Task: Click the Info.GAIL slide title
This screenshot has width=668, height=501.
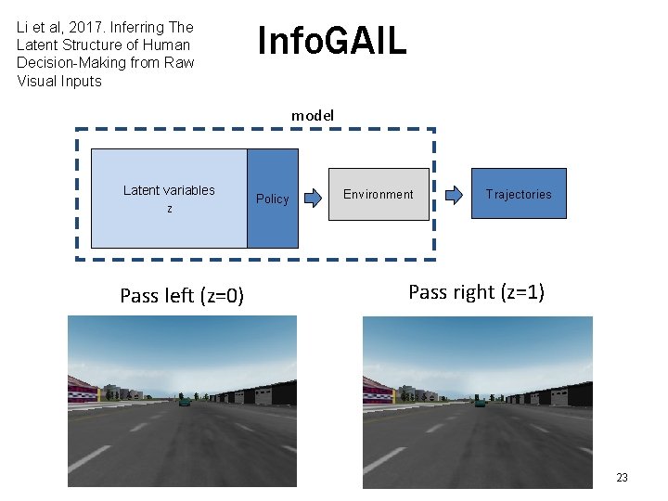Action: point(331,41)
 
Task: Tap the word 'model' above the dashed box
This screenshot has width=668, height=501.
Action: point(313,115)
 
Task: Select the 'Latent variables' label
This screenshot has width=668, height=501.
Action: point(169,190)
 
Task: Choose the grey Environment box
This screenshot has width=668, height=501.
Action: point(379,194)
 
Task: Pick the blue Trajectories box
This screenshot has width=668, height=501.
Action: point(518,193)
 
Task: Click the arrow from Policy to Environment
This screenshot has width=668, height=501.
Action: point(314,196)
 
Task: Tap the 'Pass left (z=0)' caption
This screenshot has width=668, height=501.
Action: point(182,296)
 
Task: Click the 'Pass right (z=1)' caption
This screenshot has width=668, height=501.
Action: point(476,292)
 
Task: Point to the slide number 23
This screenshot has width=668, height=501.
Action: point(622,478)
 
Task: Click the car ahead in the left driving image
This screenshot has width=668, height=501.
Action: point(184,401)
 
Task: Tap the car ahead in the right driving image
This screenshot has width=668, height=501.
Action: point(479,401)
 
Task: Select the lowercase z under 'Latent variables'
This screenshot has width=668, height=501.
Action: point(169,210)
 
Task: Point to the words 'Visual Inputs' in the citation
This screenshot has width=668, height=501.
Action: point(59,81)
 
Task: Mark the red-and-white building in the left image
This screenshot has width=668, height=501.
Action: point(83,391)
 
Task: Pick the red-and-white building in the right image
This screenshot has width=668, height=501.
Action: point(378,391)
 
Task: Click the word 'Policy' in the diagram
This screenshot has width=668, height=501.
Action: point(272,199)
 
